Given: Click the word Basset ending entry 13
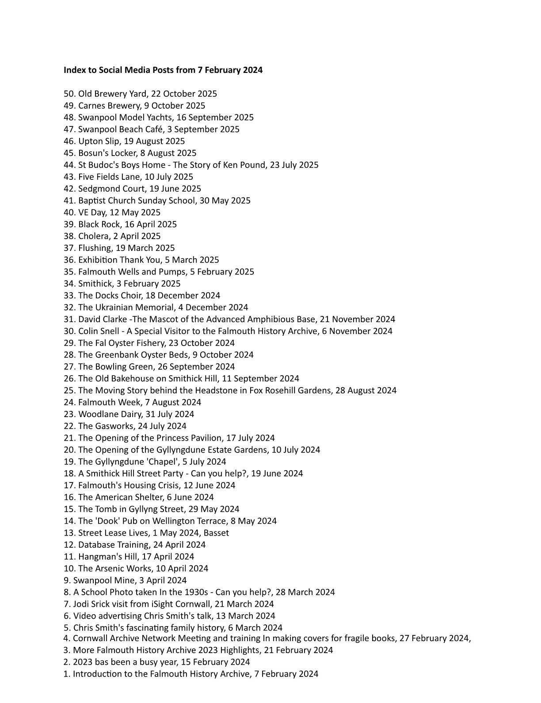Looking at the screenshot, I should pos(216,533).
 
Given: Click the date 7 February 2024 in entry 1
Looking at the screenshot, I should pos(286,674).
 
